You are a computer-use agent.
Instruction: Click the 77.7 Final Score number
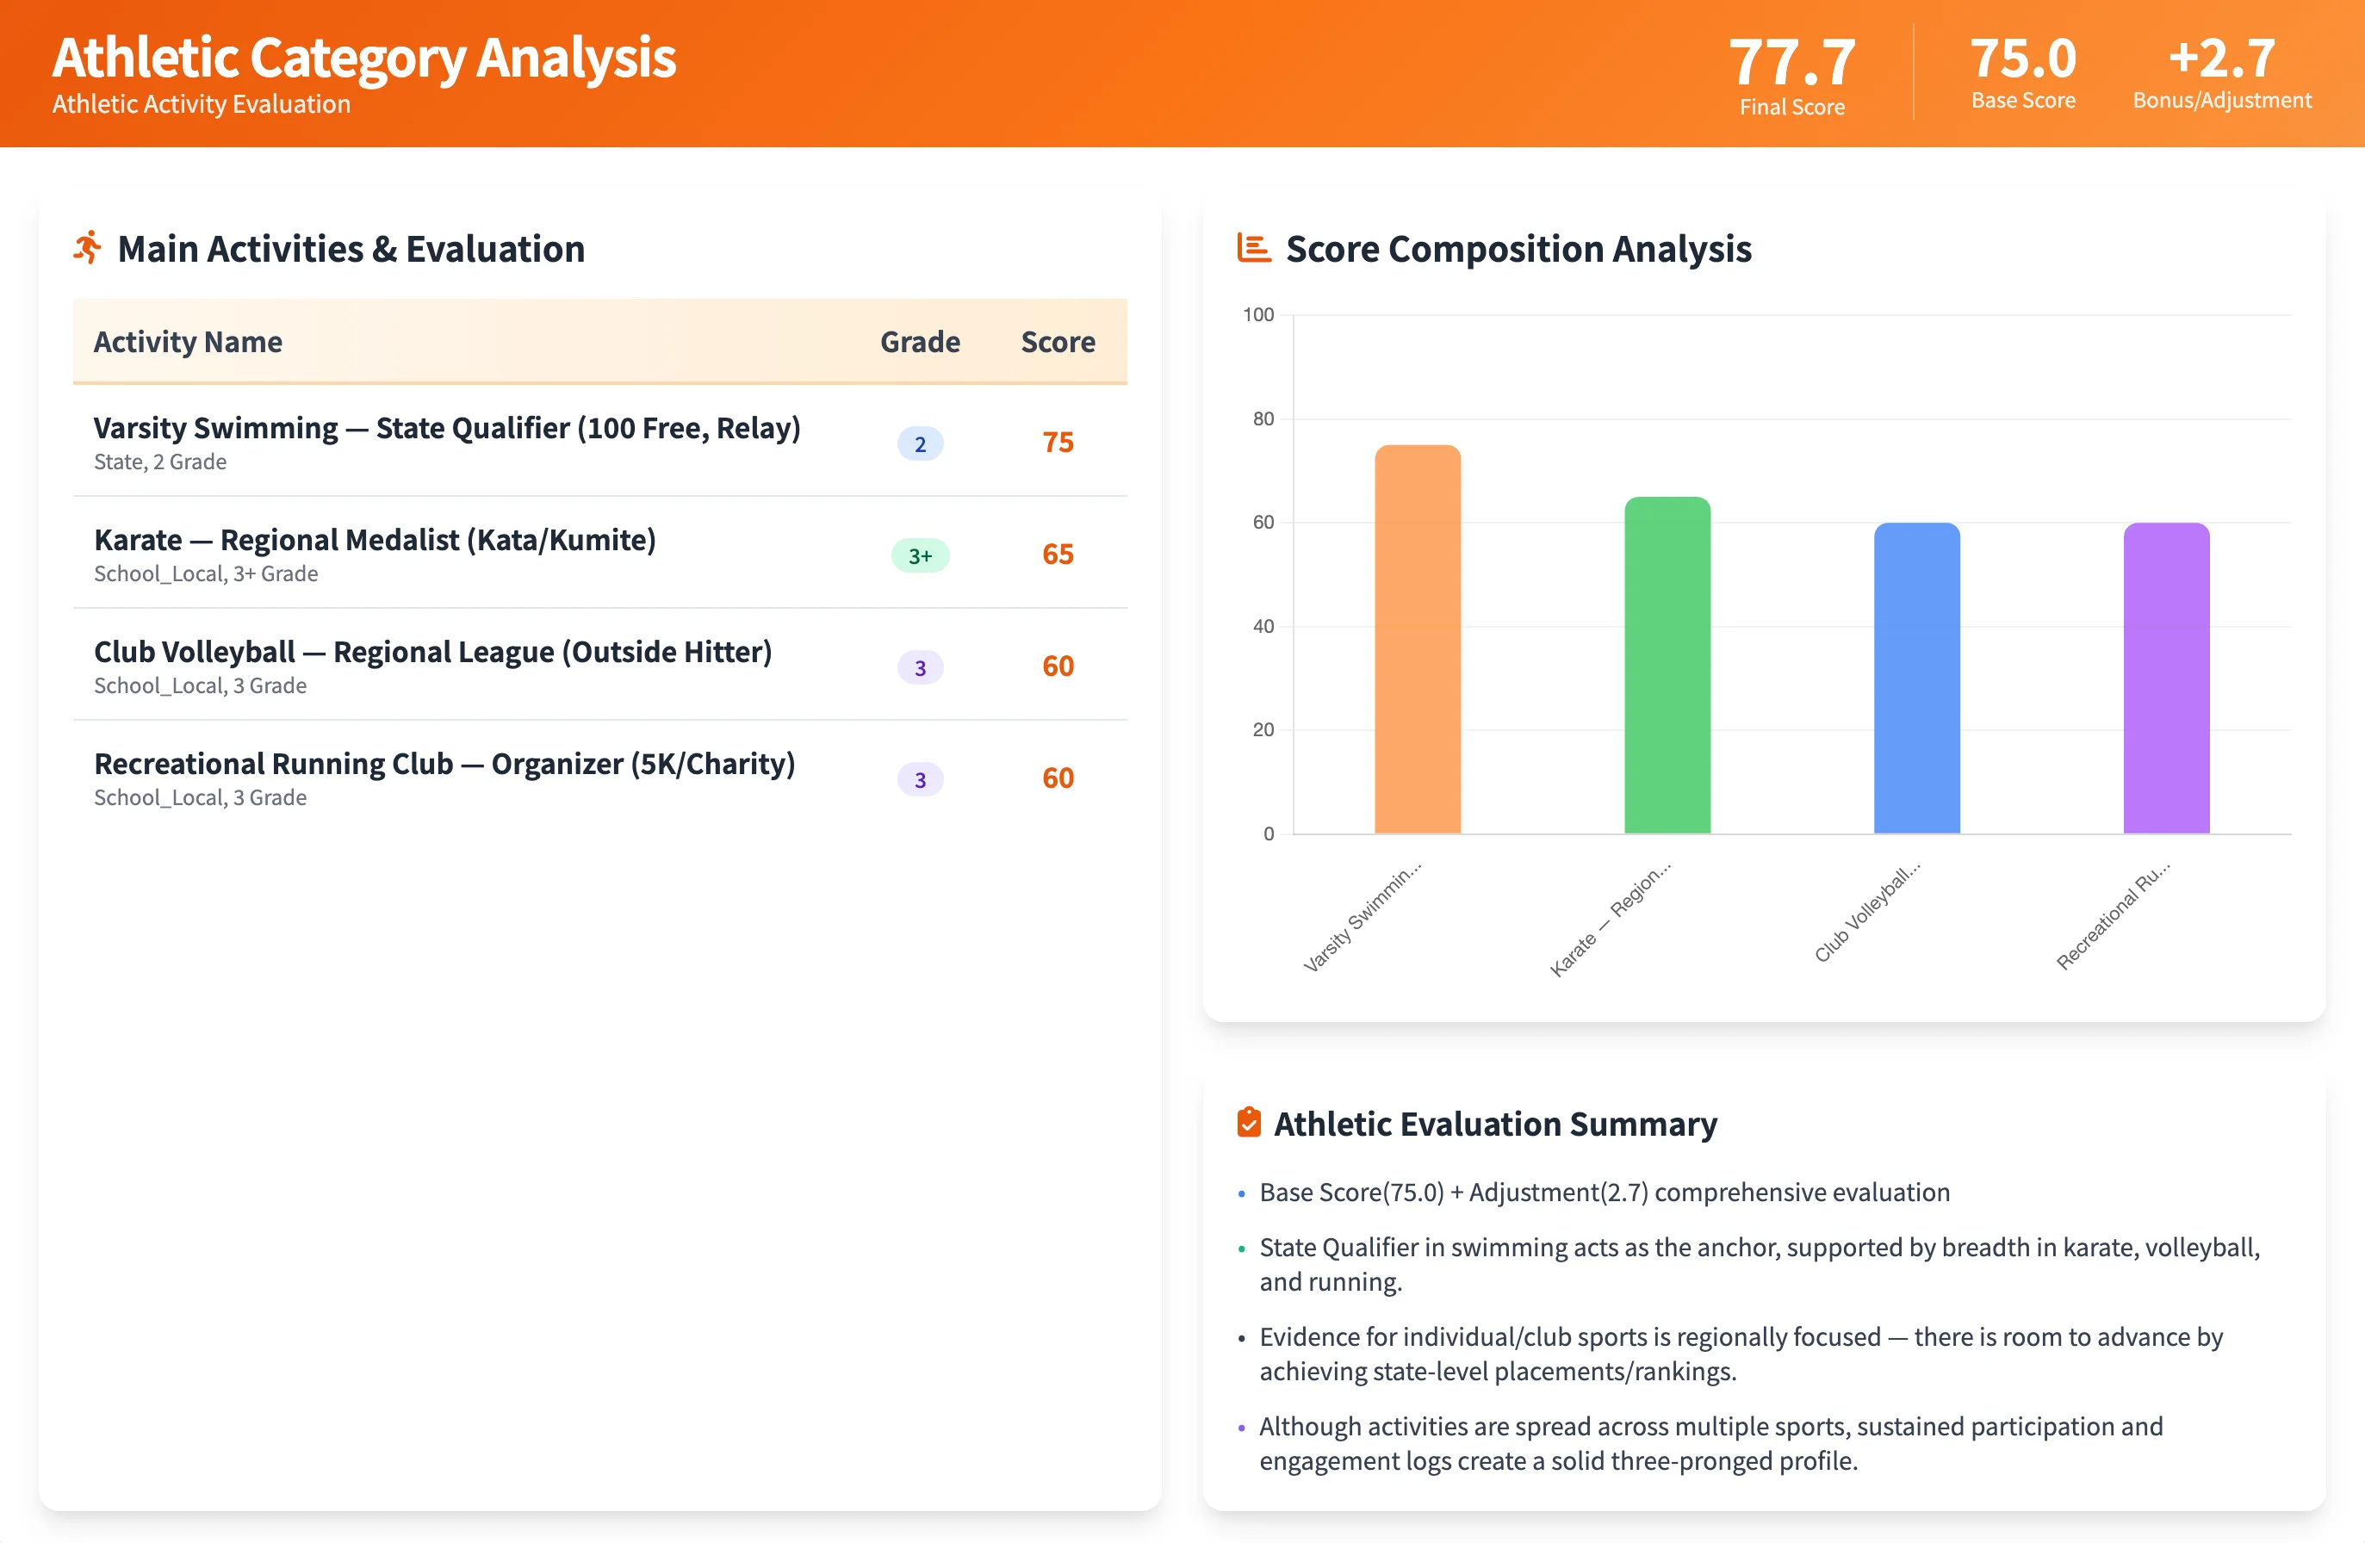tap(1791, 62)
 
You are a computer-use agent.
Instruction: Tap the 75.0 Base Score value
tap(2022, 59)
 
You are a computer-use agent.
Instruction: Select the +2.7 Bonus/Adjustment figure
tap(2221, 59)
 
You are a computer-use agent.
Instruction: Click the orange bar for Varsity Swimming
tap(1417, 640)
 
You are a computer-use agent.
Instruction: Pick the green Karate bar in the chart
tap(1667, 666)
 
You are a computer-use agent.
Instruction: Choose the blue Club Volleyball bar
tap(1915, 679)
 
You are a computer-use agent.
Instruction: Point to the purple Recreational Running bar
tap(2165, 679)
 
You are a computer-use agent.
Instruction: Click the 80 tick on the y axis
tap(1262, 419)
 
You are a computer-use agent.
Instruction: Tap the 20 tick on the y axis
tap(1262, 730)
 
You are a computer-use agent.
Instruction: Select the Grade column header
tap(919, 342)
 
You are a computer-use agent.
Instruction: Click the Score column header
tap(1058, 342)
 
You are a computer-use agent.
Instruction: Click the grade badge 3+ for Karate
tap(919, 555)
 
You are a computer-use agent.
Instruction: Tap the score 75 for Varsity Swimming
tap(1058, 442)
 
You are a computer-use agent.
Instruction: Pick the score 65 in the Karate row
tap(1058, 555)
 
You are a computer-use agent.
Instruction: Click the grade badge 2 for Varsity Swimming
tap(919, 443)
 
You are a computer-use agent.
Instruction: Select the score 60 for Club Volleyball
tap(1058, 666)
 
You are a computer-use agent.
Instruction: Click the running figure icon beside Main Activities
tap(88, 248)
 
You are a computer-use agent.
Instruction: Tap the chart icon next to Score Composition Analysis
tap(1253, 247)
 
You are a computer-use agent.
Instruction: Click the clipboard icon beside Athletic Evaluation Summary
tap(1248, 1123)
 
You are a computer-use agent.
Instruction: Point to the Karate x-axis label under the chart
tap(1611, 919)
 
